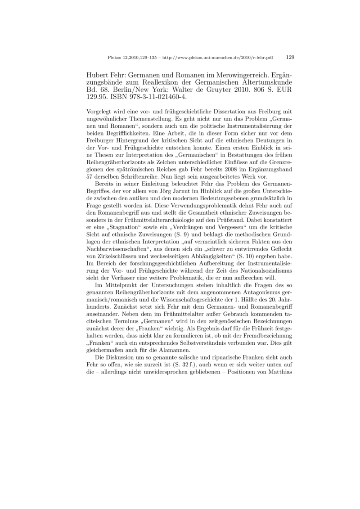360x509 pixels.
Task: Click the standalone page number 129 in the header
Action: tap(290, 57)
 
